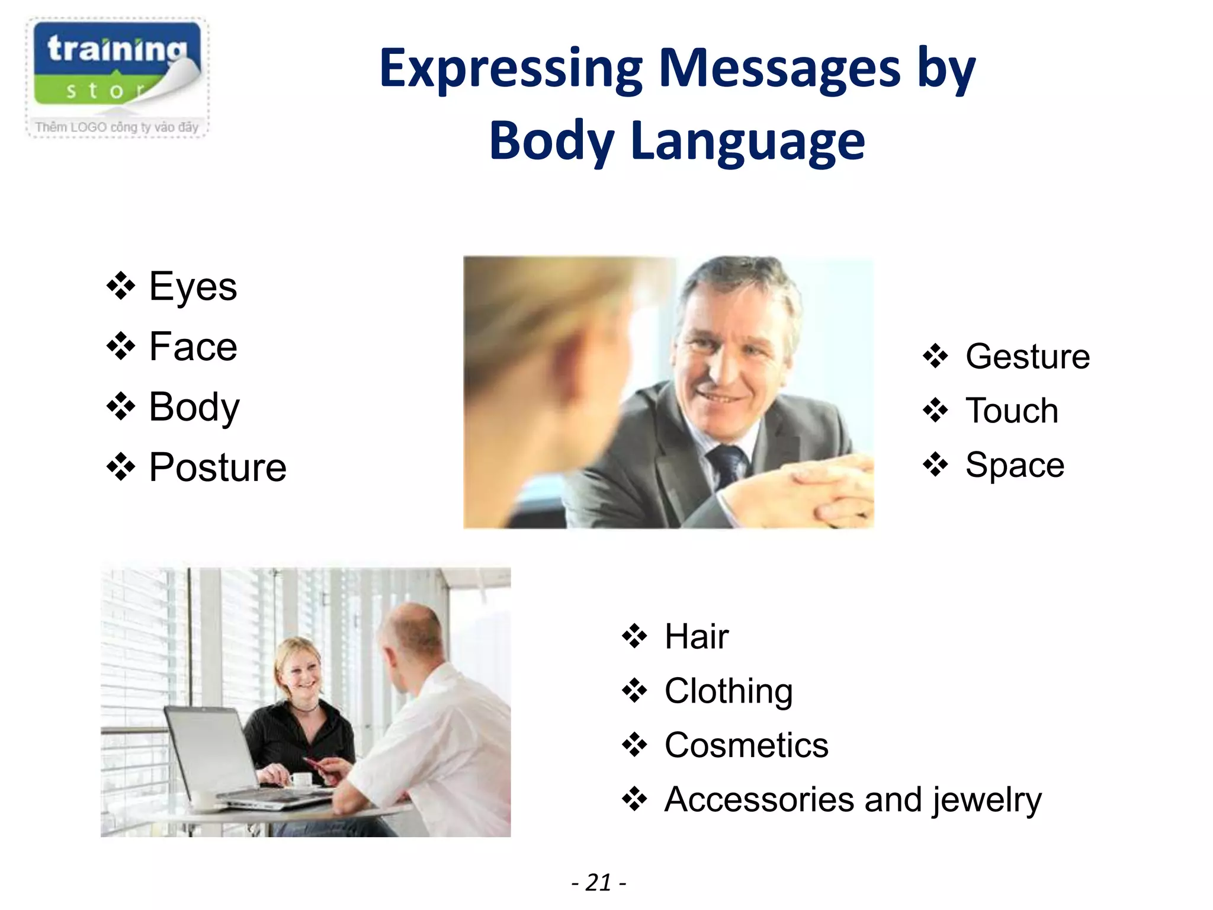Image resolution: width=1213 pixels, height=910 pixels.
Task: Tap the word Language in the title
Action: point(747,141)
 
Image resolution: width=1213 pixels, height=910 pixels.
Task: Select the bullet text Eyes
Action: point(193,287)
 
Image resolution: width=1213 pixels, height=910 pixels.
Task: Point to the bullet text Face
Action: point(193,347)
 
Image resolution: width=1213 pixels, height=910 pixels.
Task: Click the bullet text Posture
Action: point(217,467)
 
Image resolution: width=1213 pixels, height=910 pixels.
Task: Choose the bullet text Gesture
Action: point(1027,357)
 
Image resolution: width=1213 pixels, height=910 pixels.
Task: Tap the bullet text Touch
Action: point(1012,411)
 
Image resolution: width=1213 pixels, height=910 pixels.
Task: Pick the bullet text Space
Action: point(1015,465)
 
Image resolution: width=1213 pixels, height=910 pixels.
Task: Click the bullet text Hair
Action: point(697,637)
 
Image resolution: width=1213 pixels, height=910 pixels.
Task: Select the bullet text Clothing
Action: point(729,691)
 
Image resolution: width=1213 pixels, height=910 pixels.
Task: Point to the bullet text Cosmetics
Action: point(746,745)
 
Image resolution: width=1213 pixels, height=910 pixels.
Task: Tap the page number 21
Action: point(598,883)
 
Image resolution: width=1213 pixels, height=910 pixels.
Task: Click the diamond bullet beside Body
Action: point(121,407)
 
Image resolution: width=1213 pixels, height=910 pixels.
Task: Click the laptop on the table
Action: point(225,764)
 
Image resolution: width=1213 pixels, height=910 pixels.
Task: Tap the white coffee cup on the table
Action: point(301,780)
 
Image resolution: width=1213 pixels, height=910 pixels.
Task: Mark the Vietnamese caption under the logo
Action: point(117,127)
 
